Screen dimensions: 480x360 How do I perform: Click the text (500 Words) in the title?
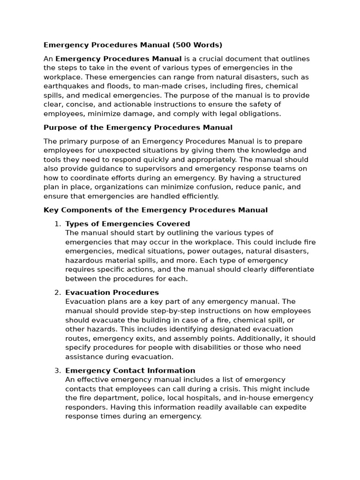click(x=197, y=45)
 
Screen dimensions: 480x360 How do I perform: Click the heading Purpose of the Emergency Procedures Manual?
click(x=138, y=127)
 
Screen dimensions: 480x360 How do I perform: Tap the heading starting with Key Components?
click(x=156, y=210)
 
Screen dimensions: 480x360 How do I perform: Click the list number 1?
click(x=58, y=224)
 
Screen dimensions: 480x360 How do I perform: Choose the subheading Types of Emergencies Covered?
click(x=127, y=224)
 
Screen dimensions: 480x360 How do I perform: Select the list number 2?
click(x=58, y=292)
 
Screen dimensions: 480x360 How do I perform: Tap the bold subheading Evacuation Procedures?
click(x=112, y=292)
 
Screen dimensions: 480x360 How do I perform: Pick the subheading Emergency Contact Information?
click(x=130, y=370)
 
